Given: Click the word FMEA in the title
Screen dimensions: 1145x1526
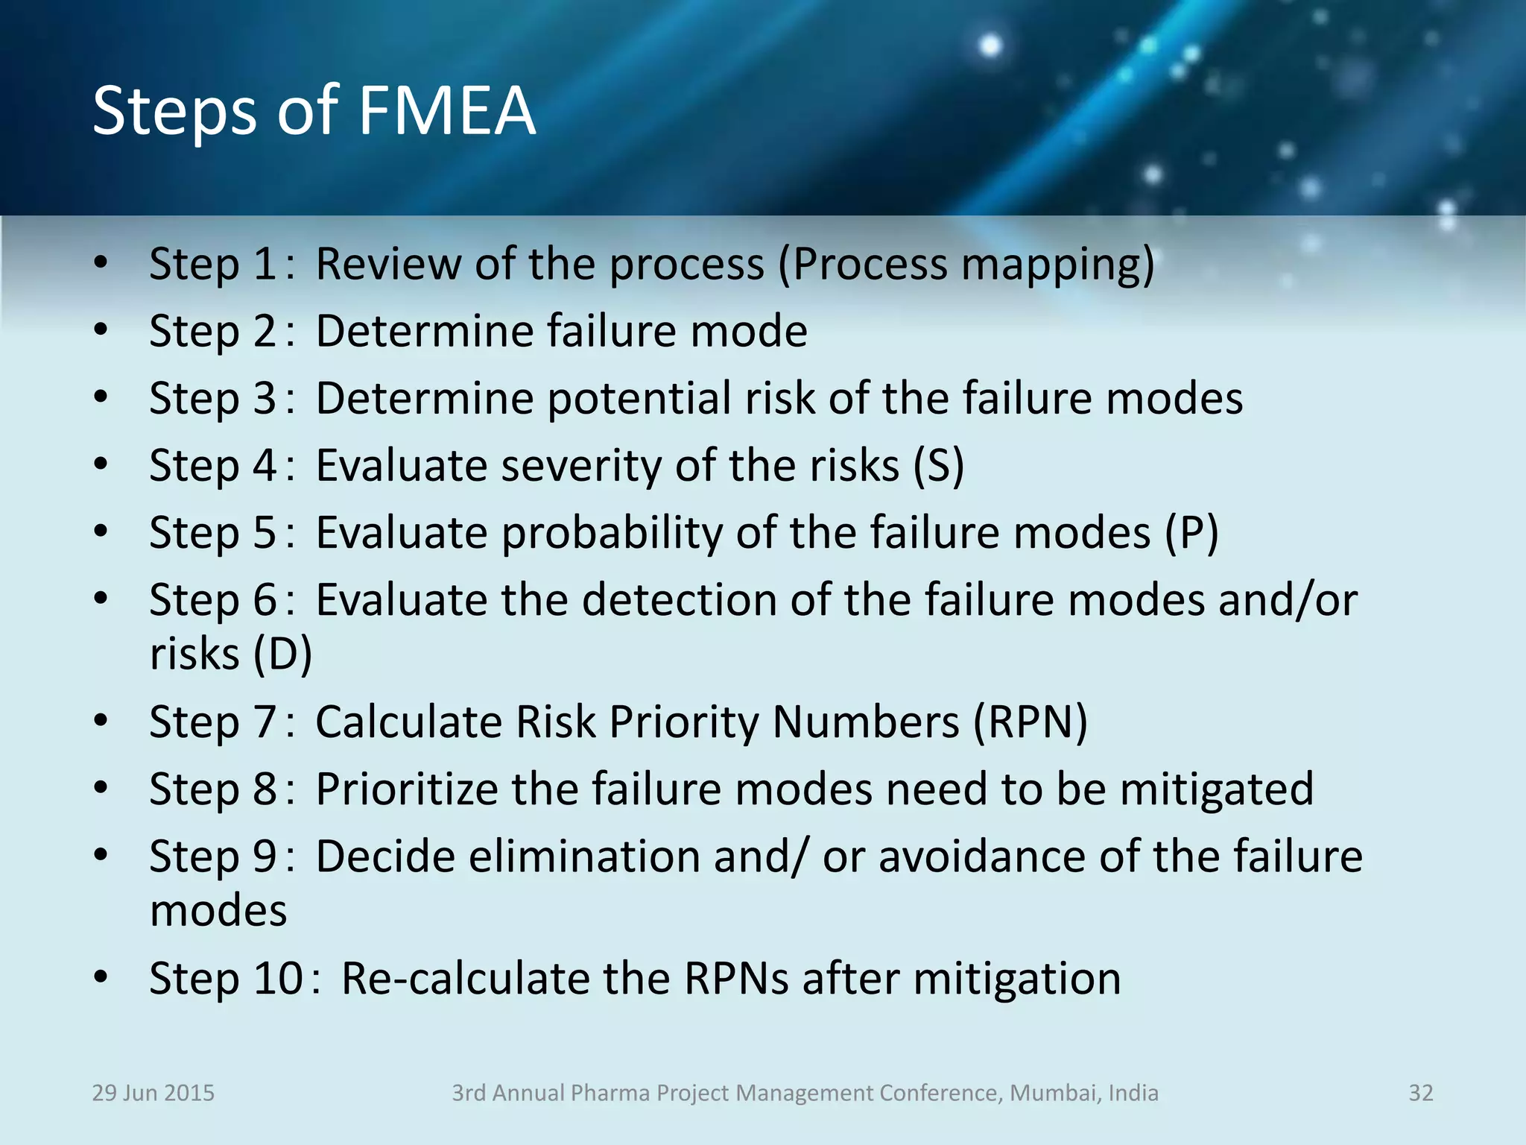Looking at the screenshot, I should point(447,112).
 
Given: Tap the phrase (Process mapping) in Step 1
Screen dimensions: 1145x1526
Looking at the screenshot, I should point(966,265).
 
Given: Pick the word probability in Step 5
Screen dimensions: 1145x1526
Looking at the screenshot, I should point(612,534).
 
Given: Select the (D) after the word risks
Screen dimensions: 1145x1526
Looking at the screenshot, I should point(282,654).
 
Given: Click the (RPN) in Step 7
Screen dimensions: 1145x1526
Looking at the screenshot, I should point(1030,722).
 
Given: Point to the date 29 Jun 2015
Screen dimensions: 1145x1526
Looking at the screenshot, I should point(153,1093).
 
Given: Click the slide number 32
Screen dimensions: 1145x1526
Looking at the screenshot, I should point(1420,1093).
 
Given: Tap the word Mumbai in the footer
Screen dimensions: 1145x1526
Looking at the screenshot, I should point(1053,1093).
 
